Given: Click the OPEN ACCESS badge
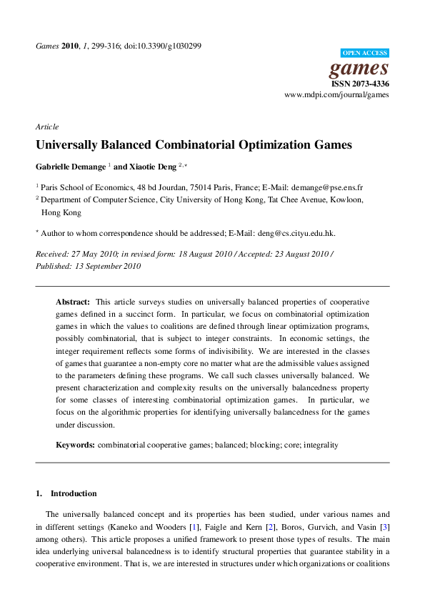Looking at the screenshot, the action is pos(365,53).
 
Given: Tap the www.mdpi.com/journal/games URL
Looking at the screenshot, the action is pos(336,94).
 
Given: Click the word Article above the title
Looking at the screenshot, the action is pos(46,127).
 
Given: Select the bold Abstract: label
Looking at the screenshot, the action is pos(73,302).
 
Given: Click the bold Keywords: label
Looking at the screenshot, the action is pos(75,445).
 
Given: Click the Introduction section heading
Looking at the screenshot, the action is pos(74,493).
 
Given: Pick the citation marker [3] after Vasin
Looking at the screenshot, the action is pos(384,526).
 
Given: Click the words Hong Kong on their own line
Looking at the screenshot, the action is pos(61,212).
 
